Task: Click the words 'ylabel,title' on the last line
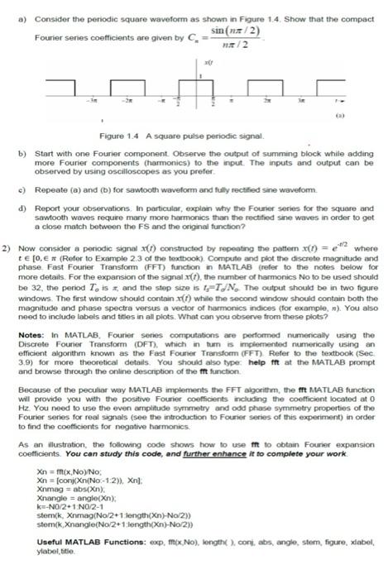tap(60, 564)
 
